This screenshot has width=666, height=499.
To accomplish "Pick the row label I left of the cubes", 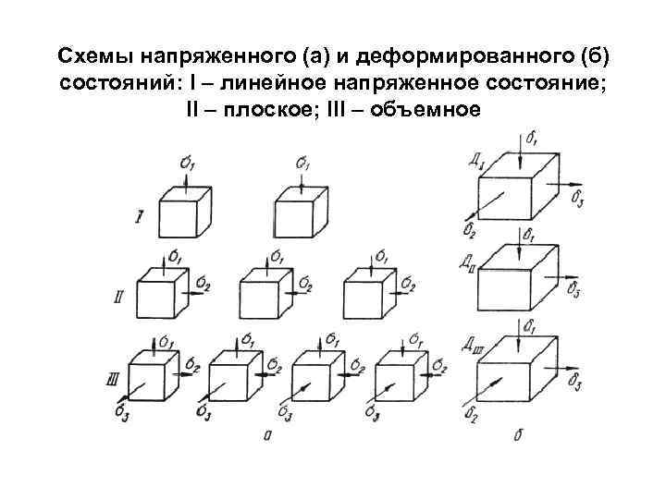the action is [x=139, y=217].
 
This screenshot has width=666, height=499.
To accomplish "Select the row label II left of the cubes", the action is [x=118, y=298].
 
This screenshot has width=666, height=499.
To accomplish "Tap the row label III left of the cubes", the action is [x=113, y=378].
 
